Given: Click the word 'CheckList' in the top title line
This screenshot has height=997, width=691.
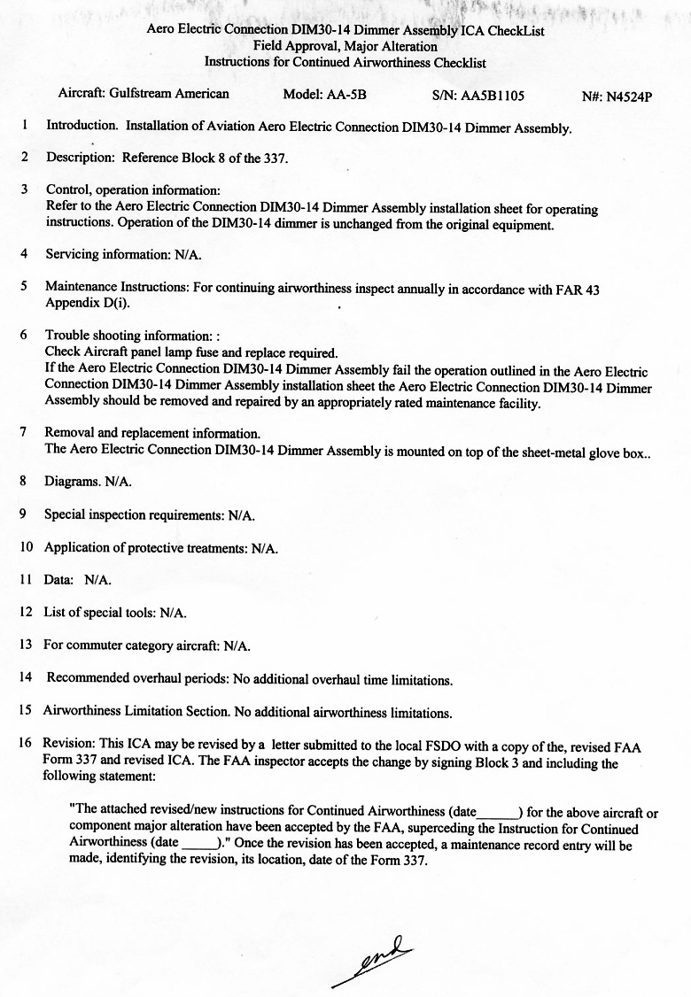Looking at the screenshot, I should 515,30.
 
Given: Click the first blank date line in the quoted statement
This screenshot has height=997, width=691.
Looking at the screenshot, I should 497,812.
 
